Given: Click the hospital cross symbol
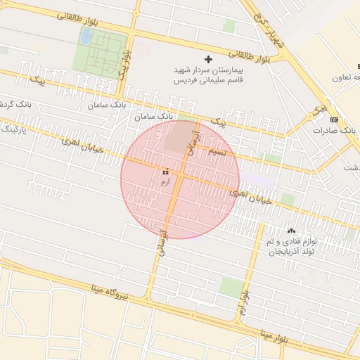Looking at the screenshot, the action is coord(207,60).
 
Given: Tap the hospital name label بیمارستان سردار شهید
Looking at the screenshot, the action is coord(209,72).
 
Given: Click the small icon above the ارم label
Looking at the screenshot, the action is coord(166,172).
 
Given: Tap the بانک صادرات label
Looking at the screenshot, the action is coord(332,131).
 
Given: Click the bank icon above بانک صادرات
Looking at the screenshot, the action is coord(333,119).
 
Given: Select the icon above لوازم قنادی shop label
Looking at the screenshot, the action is coord(291,231).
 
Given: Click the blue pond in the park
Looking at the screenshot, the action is coord(86,37).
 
